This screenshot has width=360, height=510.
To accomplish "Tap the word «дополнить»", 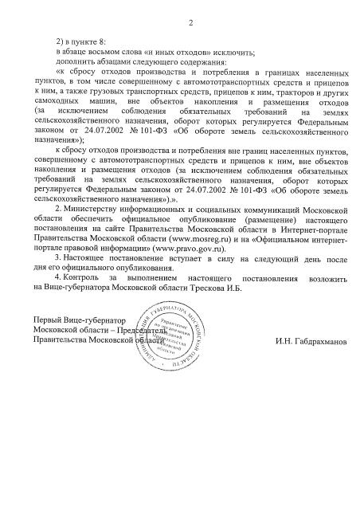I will click(x=75, y=61).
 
